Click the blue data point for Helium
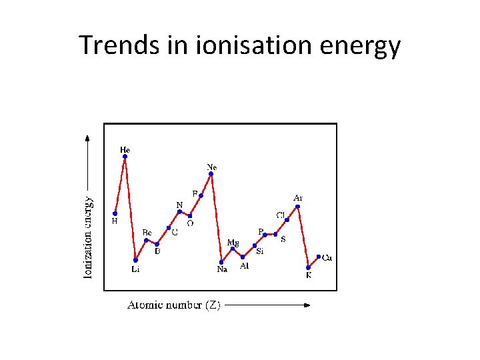tap(125, 157)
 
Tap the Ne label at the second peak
tap(212, 166)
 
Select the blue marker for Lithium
tap(135, 259)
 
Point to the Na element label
tap(222, 269)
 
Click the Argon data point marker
tap(298, 207)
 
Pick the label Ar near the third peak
tap(298, 197)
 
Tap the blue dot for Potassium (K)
tap(308, 267)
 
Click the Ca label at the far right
tap(327, 258)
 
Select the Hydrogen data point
tap(115, 213)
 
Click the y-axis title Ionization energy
tap(88, 237)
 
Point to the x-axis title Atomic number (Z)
tap(174, 305)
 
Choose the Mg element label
tap(233, 242)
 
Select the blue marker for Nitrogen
tap(179, 211)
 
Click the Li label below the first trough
tap(135, 269)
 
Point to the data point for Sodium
tap(221, 261)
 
